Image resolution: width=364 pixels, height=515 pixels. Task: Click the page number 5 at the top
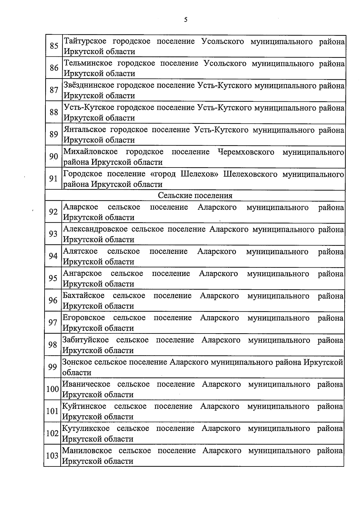click(186, 20)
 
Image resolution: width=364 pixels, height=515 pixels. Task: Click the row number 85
click(54, 46)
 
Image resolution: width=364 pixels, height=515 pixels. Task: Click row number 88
click(54, 112)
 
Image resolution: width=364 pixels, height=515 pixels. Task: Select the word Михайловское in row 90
click(90, 152)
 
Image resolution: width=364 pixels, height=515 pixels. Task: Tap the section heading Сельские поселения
click(195, 195)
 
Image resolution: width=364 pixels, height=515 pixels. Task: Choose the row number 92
click(53, 212)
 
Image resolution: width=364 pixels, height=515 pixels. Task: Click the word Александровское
click(95, 229)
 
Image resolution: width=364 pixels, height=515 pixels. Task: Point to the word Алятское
click(80, 251)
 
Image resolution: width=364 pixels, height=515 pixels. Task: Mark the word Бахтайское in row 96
click(83, 296)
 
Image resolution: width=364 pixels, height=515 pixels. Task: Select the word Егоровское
click(84, 318)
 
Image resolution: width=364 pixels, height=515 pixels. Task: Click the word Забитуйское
click(85, 340)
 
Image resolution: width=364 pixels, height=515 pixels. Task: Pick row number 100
click(52, 389)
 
